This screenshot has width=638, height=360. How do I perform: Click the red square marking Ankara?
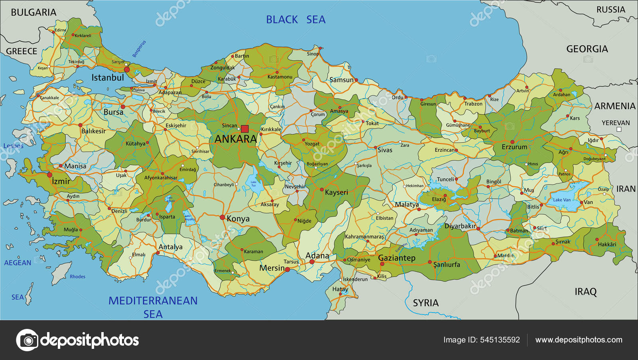tap(245, 129)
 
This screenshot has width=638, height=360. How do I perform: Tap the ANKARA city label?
tap(236, 139)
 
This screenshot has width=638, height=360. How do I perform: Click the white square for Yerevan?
tap(619, 130)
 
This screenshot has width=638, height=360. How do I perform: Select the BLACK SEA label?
tap(295, 20)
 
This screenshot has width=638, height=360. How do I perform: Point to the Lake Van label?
tap(561, 200)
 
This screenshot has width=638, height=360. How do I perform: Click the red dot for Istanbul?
tap(127, 69)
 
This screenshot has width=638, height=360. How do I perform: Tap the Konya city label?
tap(238, 218)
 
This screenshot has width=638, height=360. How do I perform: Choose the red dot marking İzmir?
tap(50, 175)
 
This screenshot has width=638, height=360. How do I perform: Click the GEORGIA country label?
tap(587, 49)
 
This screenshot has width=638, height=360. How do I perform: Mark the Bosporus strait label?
tap(139, 49)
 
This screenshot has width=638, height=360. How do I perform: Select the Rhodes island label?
tap(77, 277)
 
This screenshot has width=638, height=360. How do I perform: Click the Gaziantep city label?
tap(396, 258)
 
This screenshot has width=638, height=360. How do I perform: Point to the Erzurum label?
tap(514, 147)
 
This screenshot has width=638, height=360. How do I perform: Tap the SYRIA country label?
tap(425, 303)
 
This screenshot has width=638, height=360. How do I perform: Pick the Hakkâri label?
tap(607, 244)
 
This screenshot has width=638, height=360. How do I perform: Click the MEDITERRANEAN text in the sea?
tap(153, 301)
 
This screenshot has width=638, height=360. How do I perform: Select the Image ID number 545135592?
tap(500, 340)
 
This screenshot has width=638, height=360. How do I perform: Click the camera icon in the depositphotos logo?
tap(28, 340)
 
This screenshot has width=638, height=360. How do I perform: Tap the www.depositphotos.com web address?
tap(579, 340)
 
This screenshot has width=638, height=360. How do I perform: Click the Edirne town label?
tap(60, 30)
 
